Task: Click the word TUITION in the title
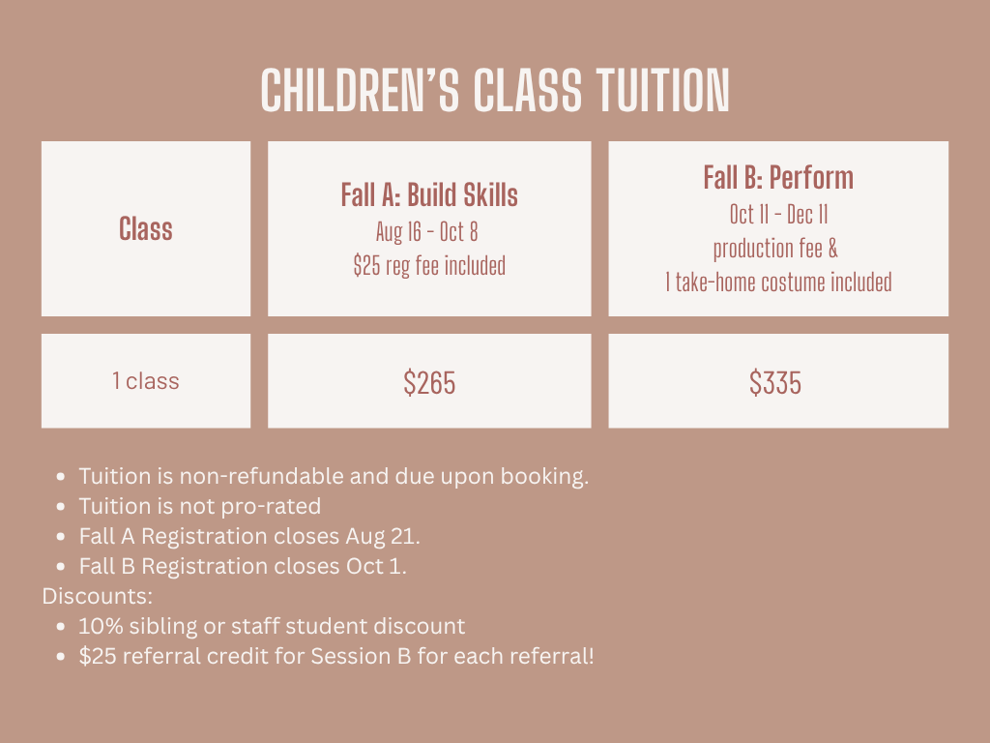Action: (x=663, y=90)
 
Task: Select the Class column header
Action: (x=146, y=228)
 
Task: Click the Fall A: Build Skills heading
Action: (x=429, y=194)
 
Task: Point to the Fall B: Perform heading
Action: (x=778, y=178)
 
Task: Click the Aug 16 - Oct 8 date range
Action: (x=426, y=232)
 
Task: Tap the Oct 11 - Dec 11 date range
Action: (x=778, y=215)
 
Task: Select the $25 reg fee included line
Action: (x=429, y=265)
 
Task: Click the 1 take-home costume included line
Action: (x=778, y=282)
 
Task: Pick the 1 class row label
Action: (x=146, y=381)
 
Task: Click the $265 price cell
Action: (x=429, y=383)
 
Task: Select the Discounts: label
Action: (x=98, y=596)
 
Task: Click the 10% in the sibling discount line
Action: (x=101, y=626)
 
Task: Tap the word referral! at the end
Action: (x=552, y=656)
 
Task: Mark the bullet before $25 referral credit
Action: (x=61, y=657)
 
